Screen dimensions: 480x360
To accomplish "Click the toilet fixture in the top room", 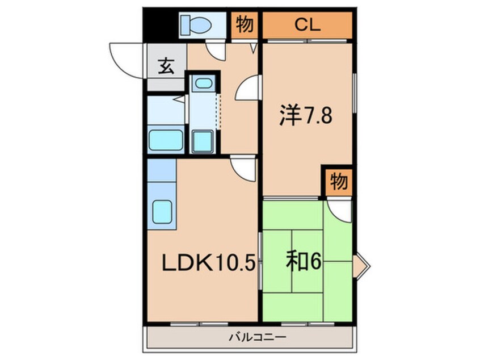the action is tap(196, 24).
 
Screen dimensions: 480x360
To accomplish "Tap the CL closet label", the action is tap(308, 25).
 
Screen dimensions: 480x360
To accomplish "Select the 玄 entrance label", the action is tap(166, 66).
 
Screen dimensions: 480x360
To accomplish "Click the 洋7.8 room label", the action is tap(305, 115).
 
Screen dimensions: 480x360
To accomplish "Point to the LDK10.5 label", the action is tap(208, 263).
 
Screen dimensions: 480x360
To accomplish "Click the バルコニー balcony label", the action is tap(258, 337).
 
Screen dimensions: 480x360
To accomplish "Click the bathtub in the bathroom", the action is tap(166, 140).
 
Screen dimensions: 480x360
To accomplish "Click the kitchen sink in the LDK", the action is tap(162, 212).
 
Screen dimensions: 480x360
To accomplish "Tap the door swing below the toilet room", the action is tap(216, 49).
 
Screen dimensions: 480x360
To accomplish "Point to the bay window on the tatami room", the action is tap(361, 266).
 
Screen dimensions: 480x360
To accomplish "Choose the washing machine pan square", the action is tap(203, 141).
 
